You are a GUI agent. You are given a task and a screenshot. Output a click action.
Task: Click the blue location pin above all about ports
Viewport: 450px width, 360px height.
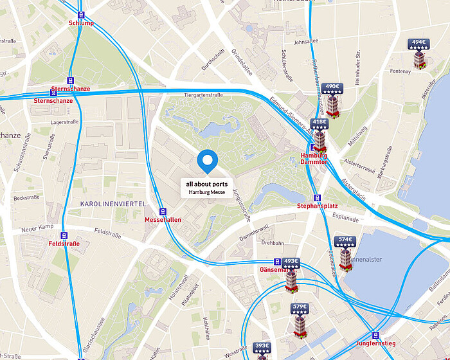pyautogui.click(x=207, y=161)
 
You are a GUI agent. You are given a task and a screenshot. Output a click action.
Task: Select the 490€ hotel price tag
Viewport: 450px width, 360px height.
pyautogui.click(x=332, y=87)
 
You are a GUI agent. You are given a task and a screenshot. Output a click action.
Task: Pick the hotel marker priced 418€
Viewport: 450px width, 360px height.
pyautogui.click(x=319, y=122)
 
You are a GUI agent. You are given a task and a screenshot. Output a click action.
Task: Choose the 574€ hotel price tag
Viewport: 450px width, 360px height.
pyautogui.click(x=345, y=240)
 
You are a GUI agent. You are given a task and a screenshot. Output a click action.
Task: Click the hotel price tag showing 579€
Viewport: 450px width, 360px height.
pyautogui.click(x=300, y=307)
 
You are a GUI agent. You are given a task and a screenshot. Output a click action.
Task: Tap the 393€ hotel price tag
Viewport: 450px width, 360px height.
pyautogui.click(x=262, y=346)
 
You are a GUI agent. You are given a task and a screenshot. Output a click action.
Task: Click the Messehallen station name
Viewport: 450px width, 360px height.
pyautogui.click(x=163, y=220)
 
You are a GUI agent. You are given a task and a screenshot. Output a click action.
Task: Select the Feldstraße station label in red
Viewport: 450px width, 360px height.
pyautogui.click(x=64, y=244)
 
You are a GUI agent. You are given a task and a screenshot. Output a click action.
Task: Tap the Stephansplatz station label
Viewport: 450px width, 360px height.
pyautogui.click(x=317, y=206)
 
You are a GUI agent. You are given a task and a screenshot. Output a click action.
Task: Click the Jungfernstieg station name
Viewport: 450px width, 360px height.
pyautogui.click(x=375, y=344)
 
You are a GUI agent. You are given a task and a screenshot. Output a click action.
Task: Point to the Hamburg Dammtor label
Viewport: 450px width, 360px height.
pyautogui.click(x=314, y=159)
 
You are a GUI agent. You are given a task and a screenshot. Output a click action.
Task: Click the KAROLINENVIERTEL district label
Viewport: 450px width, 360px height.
pyautogui.click(x=113, y=204)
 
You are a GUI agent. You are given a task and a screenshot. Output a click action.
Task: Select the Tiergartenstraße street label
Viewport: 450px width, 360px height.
pyautogui.click(x=203, y=95)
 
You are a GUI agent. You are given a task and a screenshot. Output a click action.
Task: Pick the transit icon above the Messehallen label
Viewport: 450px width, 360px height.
pyautogui.click(x=163, y=211)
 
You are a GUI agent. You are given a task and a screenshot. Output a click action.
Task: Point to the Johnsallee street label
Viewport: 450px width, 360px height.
pyautogui.click(x=305, y=43)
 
